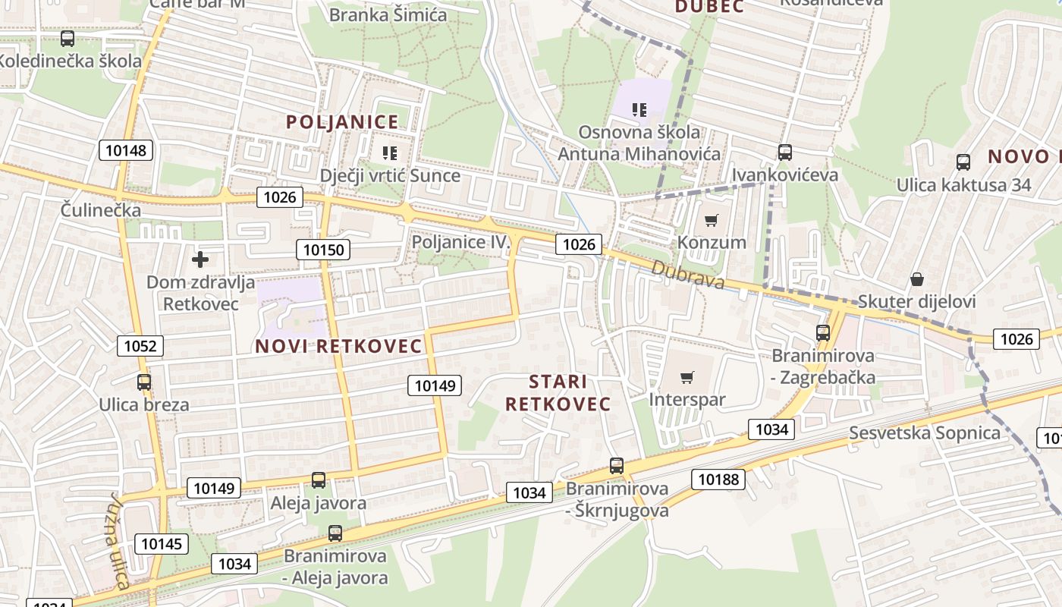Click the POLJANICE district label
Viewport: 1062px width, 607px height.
342,121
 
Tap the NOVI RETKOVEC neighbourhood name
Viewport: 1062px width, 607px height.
338,346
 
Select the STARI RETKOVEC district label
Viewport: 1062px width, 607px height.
558,392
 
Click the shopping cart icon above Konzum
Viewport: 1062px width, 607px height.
711,221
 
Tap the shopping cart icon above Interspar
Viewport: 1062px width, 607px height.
687,378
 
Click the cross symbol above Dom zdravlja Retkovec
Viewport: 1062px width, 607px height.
200,260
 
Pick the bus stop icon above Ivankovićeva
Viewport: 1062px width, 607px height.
785,153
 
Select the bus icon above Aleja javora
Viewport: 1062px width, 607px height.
319,480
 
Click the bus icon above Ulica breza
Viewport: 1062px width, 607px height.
144,382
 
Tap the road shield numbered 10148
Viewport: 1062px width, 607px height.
126,150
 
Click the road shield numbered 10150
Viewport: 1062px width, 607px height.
323,250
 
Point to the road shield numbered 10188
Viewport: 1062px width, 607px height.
718,479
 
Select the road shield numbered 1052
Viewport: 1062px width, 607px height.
140,347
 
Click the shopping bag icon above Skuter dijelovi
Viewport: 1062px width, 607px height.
916,280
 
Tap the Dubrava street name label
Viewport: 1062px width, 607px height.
687,275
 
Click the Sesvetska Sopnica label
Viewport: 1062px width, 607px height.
925,433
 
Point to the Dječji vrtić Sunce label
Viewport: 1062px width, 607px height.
390,176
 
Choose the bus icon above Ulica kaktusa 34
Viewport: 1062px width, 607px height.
963,162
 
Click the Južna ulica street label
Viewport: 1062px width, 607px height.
117,541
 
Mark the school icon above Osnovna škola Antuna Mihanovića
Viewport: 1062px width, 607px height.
639,110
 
